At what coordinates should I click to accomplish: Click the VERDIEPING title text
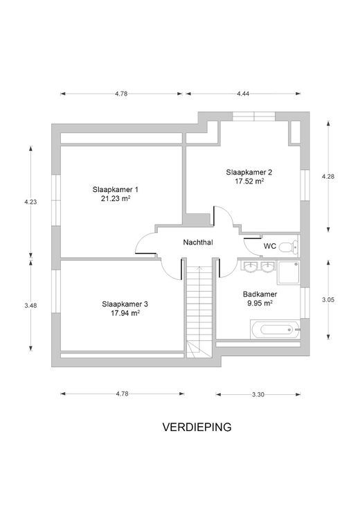tap(197, 427)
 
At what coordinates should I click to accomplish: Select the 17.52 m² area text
tap(249, 181)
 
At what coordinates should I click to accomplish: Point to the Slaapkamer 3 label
tap(125, 304)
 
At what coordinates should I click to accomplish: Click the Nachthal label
tap(198, 243)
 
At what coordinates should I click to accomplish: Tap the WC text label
tap(270, 246)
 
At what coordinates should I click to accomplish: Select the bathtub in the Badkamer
tap(275, 329)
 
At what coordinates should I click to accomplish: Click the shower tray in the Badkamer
tap(289, 272)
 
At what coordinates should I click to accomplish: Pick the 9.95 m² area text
tap(260, 303)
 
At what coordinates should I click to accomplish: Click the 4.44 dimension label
tap(243, 94)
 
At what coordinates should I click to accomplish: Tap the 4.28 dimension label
tap(328, 177)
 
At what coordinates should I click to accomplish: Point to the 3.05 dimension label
tap(328, 300)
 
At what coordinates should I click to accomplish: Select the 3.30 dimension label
tap(258, 394)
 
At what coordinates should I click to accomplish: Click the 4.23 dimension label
tap(30, 202)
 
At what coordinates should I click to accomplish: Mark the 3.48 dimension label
tap(30, 306)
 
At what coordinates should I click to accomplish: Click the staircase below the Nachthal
tap(199, 311)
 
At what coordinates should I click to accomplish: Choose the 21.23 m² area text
tap(116, 198)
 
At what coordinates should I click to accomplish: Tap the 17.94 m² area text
tap(125, 313)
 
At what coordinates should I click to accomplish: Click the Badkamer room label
tap(260, 294)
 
